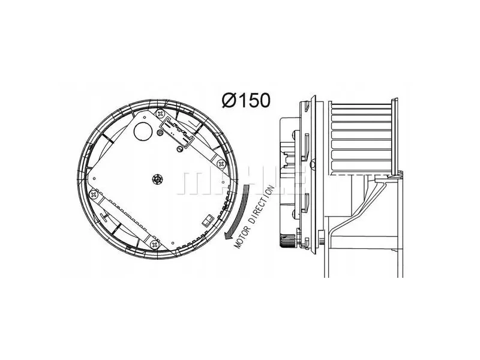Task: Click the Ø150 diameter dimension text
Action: [x=247, y=100]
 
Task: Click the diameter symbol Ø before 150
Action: [x=230, y=100]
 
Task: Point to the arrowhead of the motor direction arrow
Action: [x=229, y=235]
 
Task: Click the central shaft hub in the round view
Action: [x=157, y=179]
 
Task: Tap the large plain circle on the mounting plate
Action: [x=143, y=131]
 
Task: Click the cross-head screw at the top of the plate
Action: [x=160, y=114]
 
